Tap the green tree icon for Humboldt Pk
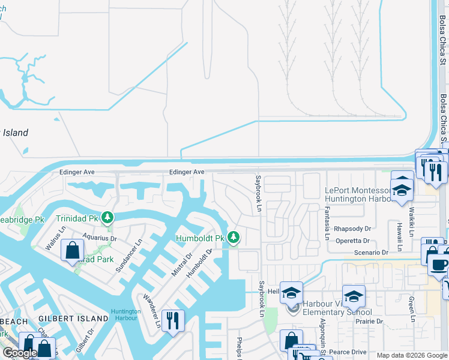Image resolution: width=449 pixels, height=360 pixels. point(234,238)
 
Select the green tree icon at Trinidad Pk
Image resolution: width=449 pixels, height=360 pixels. point(107,217)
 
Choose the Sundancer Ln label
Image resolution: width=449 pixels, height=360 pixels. point(129,256)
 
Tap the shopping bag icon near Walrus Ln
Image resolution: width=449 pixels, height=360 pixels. point(72,250)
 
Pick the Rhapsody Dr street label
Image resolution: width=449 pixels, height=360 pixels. point(353,229)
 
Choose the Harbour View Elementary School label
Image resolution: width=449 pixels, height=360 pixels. point(336,308)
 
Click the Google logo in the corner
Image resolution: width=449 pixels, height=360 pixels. point(20,353)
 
